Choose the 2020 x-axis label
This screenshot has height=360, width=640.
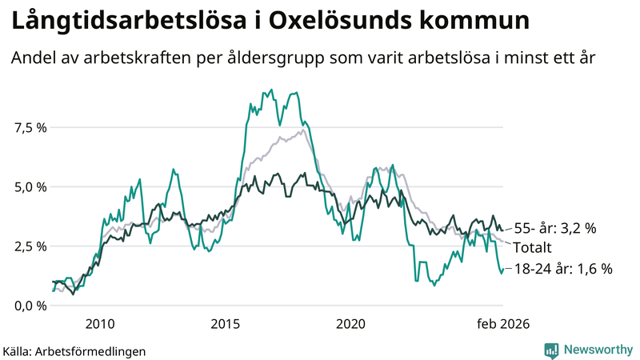[350, 324]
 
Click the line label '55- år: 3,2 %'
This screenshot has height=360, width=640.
[554, 229]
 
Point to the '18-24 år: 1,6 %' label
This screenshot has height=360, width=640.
[562, 270]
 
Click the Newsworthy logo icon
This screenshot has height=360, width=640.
[551, 350]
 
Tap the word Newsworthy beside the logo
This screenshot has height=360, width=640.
[598, 350]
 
